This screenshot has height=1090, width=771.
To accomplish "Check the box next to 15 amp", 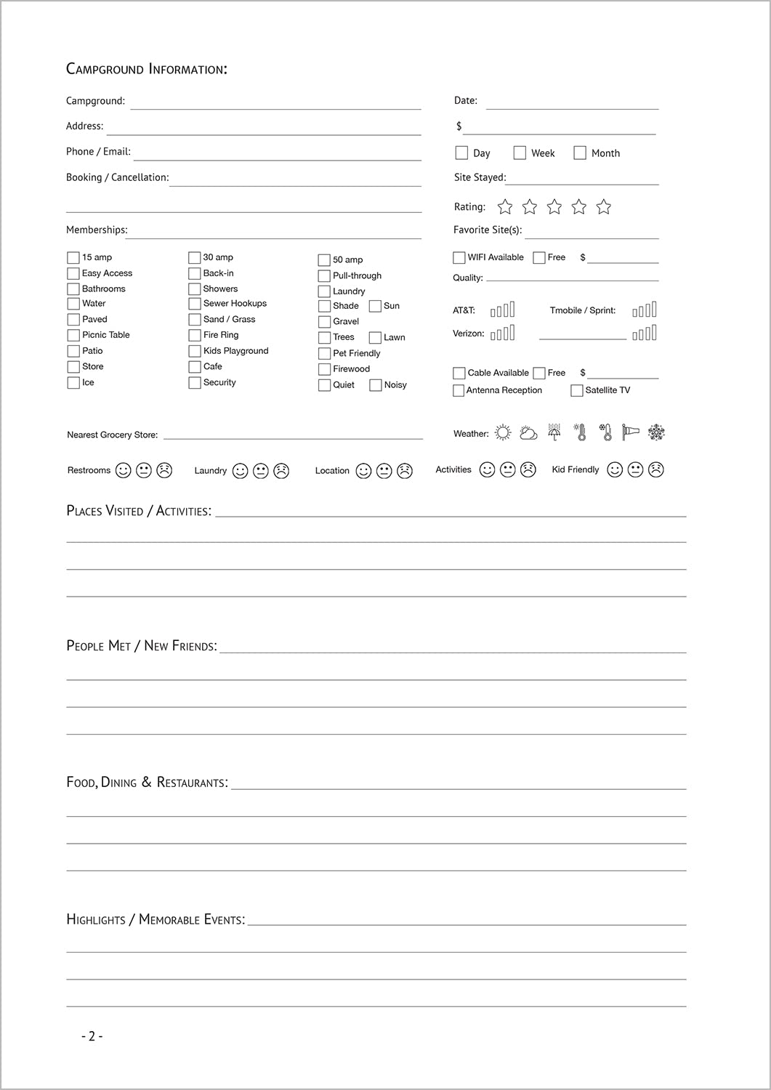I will click(x=73, y=258).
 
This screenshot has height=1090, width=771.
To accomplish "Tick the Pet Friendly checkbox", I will click(x=324, y=354).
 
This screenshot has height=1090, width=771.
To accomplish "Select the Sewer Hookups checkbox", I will click(x=194, y=304).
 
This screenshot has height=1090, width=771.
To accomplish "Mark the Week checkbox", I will click(x=520, y=153).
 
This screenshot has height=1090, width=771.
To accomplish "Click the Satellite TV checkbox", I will click(x=577, y=391).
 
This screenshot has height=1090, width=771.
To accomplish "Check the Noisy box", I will click(x=376, y=385).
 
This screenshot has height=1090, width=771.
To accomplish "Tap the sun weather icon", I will click(x=503, y=433).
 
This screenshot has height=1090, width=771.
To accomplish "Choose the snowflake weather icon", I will click(x=656, y=432).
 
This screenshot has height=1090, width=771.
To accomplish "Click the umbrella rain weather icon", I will click(x=554, y=432).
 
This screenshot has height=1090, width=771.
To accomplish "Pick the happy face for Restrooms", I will click(x=124, y=471).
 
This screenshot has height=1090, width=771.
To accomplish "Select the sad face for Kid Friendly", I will click(x=656, y=470).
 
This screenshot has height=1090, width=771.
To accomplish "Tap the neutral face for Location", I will click(x=384, y=471).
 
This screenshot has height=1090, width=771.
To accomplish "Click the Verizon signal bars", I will click(x=503, y=333).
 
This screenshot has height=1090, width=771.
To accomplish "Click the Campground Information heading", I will click(x=147, y=69).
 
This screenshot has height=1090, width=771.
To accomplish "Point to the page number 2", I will click(x=92, y=1036).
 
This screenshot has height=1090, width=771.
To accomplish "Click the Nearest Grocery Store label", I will click(x=112, y=435).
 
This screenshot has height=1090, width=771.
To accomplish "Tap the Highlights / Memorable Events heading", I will click(x=156, y=920).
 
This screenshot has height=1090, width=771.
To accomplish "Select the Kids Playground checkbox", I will click(x=194, y=351).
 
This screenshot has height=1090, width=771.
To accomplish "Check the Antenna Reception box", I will click(x=459, y=391).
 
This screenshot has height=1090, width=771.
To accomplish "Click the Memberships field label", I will click(x=96, y=230).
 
